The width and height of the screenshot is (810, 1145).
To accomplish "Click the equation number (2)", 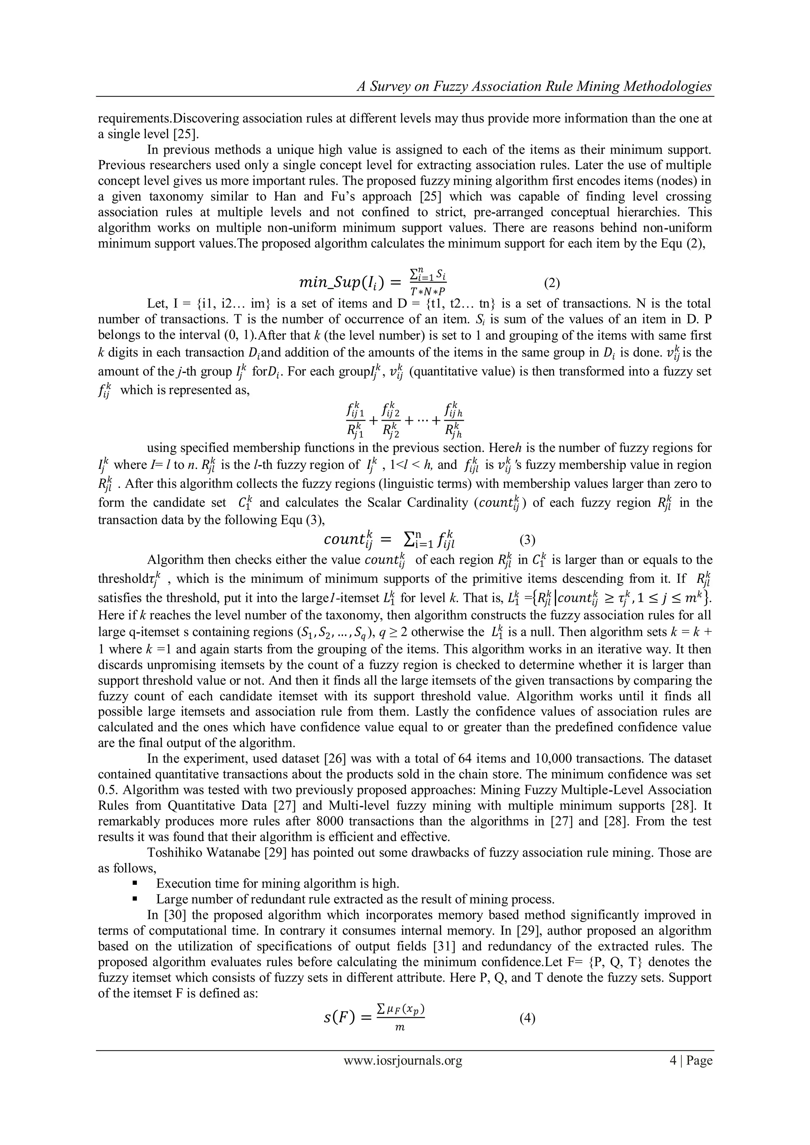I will (x=552, y=284).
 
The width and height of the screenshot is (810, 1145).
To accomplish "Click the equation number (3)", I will (x=528, y=540).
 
